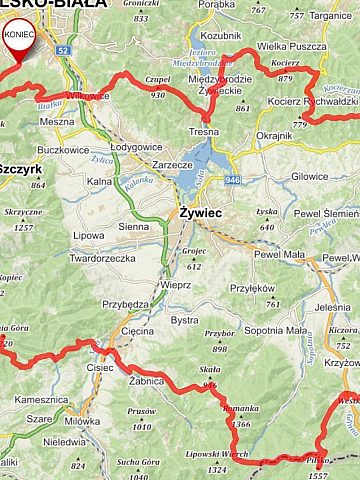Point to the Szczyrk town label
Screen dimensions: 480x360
[x=20, y=170]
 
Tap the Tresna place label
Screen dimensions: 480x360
[x=203, y=132]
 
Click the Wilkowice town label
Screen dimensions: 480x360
[x=87, y=97]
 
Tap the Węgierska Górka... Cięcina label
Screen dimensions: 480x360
[x=137, y=329]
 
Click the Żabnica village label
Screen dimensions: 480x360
[x=146, y=381]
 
